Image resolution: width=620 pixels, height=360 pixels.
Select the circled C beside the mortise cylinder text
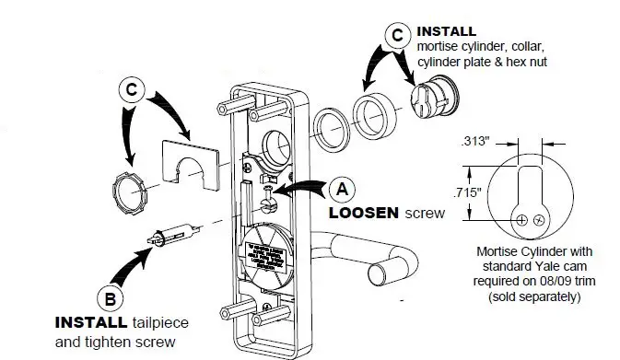point(396,35)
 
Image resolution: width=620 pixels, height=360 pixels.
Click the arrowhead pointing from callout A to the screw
point(280,192)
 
